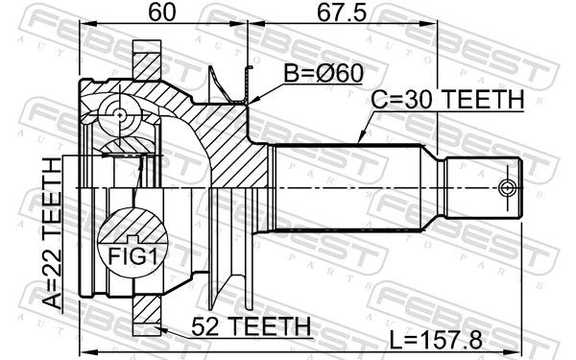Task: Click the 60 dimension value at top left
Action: (162, 12)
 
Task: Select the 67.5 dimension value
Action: (342, 12)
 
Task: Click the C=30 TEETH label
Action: (447, 99)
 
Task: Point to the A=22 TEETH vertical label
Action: (52, 233)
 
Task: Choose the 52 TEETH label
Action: (251, 326)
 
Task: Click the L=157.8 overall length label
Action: (436, 340)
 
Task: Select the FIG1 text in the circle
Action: (132, 256)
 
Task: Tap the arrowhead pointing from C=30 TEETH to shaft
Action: (361, 138)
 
